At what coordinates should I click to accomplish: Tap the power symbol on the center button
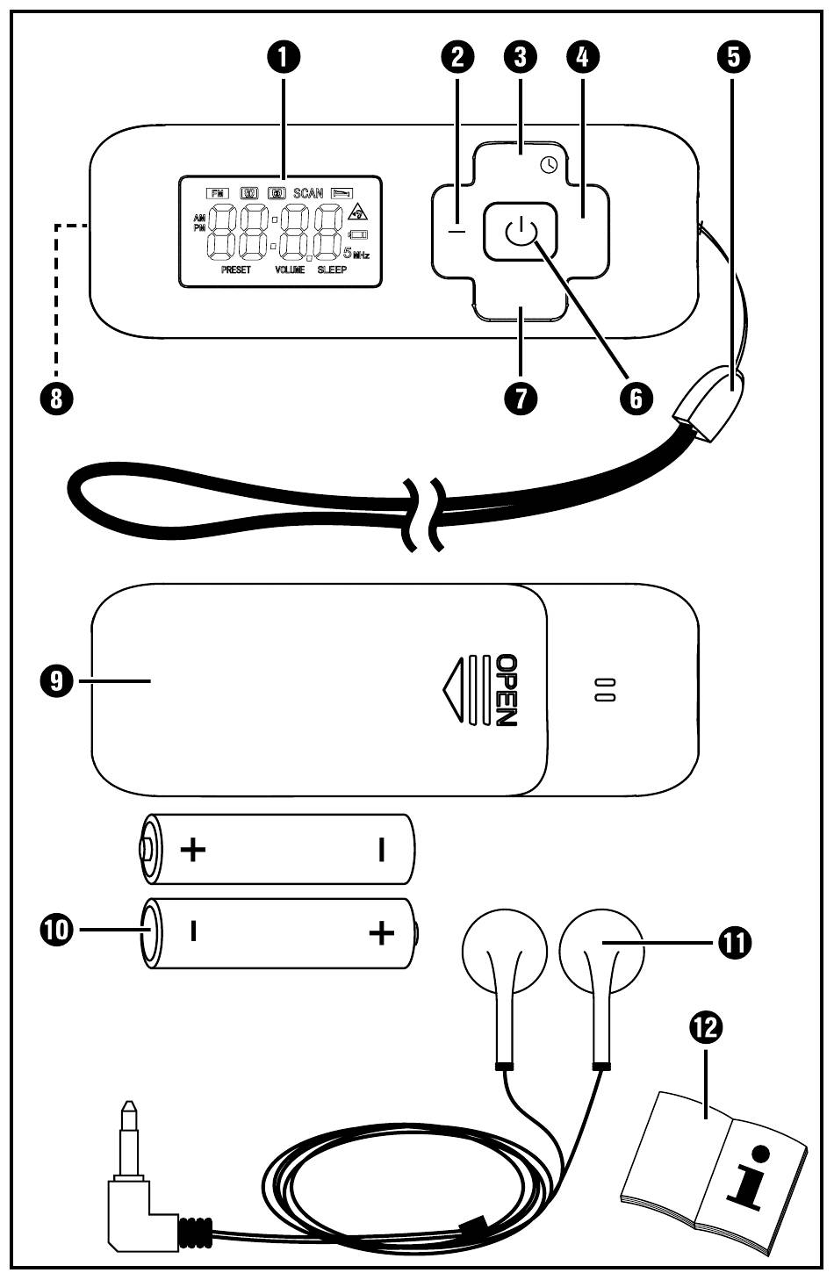click(520, 233)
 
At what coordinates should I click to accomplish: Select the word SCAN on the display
click(308, 193)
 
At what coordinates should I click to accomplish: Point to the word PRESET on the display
click(236, 270)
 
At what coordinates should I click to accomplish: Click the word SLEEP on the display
click(332, 270)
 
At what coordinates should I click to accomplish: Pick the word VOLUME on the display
click(290, 270)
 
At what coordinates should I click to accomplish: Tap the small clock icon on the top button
click(549, 164)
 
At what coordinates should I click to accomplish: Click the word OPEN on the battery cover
click(507, 690)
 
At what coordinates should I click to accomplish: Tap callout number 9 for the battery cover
click(56, 680)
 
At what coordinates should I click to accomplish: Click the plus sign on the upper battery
click(193, 849)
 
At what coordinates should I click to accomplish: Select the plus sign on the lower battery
click(380, 932)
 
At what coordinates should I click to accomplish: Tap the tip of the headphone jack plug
click(130, 1108)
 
